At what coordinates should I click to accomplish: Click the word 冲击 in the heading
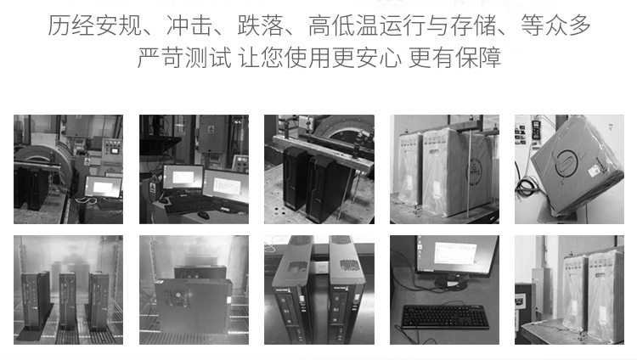(x=189, y=25)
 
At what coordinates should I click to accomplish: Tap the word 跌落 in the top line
(x=261, y=25)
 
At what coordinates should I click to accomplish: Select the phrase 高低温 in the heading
(x=343, y=25)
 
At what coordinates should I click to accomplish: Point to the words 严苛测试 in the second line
(x=184, y=57)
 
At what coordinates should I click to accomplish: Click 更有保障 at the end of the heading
(x=454, y=57)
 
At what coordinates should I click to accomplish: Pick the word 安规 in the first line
(x=118, y=25)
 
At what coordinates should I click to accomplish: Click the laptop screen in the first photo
(x=104, y=187)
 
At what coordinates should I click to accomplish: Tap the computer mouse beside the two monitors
(x=204, y=215)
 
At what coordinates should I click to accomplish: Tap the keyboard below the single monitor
(x=445, y=317)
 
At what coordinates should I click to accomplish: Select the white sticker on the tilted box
(x=595, y=169)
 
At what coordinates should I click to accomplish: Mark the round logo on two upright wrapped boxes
(x=475, y=171)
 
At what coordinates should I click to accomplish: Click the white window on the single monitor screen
(x=454, y=253)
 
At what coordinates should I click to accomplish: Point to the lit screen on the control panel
(x=115, y=150)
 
